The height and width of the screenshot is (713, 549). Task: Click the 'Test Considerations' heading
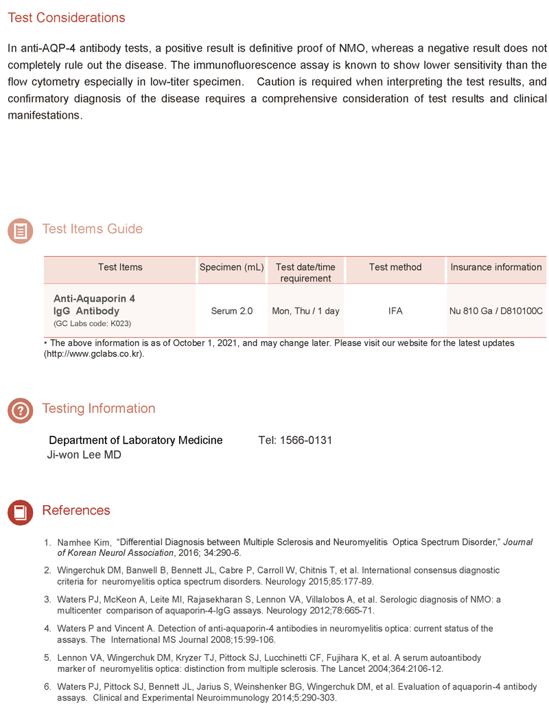click(x=67, y=18)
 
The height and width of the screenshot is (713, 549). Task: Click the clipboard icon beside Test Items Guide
click(x=20, y=231)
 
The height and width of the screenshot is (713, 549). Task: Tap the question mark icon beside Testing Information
click(x=20, y=410)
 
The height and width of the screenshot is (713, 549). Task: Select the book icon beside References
click(x=20, y=512)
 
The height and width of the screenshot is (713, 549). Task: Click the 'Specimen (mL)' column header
click(x=231, y=267)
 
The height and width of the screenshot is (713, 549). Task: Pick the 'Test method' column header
click(x=395, y=267)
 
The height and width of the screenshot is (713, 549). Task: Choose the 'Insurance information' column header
click(x=495, y=267)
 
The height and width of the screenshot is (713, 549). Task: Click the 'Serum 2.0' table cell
click(x=231, y=311)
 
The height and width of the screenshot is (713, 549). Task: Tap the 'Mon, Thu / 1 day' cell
click(x=305, y=311)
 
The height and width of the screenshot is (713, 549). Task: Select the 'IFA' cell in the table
click(x=395, y=311)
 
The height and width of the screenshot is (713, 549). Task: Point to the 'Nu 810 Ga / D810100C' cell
click(x=495, y=311)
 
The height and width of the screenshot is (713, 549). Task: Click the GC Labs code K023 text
click(x=92, y=323)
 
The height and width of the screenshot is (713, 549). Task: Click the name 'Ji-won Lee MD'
click(x=83, y=454)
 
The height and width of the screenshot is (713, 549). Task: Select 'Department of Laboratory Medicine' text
click(x=135, y=440)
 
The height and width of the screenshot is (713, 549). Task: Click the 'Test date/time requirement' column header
click(x=305, y=272)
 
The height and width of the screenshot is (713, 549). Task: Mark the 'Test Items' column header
click(x=120, y=267)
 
